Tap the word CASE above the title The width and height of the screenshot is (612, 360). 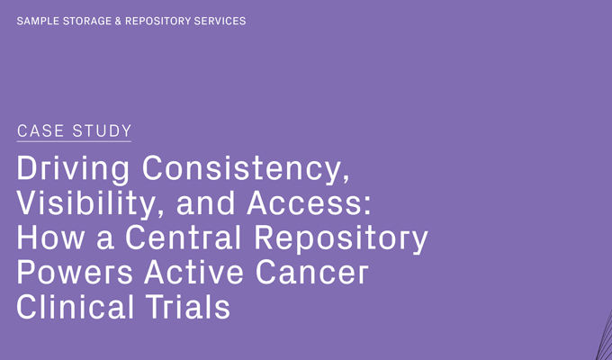point(40,131)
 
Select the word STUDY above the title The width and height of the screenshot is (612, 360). point(103,131)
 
